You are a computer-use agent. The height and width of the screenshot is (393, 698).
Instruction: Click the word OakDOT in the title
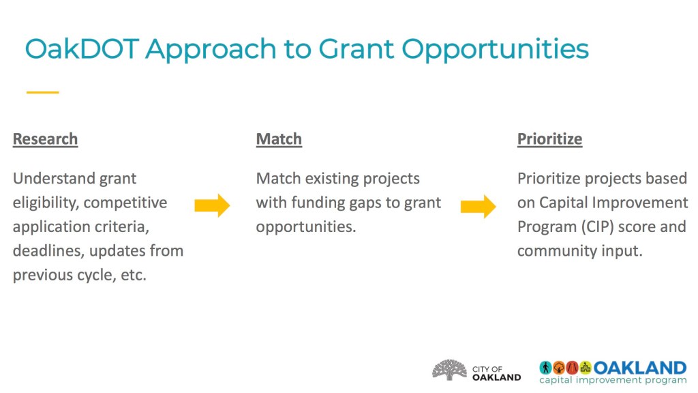(x=82, y=48)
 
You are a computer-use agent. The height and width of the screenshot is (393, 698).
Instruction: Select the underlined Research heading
(x=46, y=139)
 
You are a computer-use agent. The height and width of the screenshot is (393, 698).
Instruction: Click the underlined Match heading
(x=279, y=139)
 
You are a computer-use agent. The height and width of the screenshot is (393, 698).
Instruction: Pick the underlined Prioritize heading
(x=550, y=139)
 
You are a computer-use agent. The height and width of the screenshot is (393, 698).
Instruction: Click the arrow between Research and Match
(x=213, y=205)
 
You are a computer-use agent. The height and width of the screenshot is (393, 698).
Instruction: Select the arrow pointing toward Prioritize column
(x=479, y=206)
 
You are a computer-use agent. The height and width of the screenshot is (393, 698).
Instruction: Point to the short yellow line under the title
(x=43, y=92)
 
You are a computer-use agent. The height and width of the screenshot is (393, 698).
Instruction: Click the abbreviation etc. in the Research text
(x=134, y=275)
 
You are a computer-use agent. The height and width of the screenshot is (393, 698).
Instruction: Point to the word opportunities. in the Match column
(x=306, y=227)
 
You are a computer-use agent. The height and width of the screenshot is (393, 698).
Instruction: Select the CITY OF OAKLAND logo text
(x=496, y=373)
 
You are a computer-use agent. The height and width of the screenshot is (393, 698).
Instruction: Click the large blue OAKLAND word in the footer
(x=640, y=368)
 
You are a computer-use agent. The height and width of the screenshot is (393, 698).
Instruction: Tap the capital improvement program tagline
(x=613, y=380)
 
